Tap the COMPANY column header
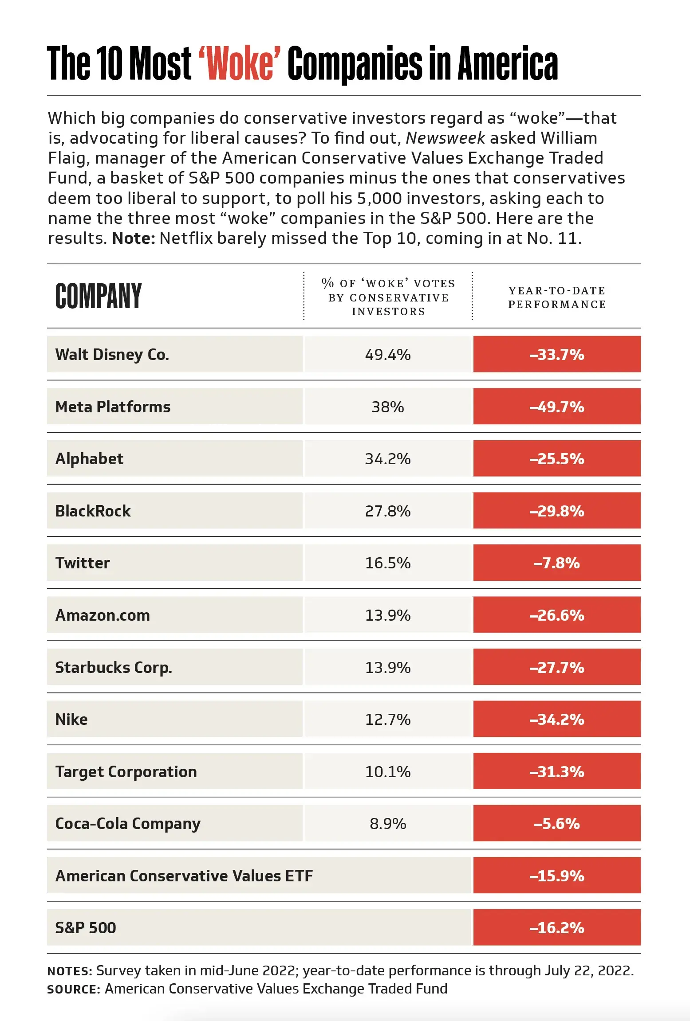[x=99, y=296]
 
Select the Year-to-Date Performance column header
[x=557, y=297]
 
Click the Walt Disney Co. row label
[x=112, y=355]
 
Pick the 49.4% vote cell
[x=388, y=355]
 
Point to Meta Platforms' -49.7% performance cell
[x=557, y=407]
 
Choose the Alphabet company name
[x=89, y=459]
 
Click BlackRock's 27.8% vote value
[x=388, y=511]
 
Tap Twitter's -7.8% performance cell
[x=557, y=563]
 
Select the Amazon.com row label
[x=103, y=615]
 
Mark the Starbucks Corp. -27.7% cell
[x=557, y=667]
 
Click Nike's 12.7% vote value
[x=388, y=720]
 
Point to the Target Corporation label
[x=126, y=772]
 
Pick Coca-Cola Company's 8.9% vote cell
[x=388, y=824]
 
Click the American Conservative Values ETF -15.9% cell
[x=557, y=876]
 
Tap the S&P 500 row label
[x=86, y=928]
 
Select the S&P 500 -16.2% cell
[x=557, y=928]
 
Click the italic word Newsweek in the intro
[x=446, y=138]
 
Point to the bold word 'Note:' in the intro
[x=134, y=239]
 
